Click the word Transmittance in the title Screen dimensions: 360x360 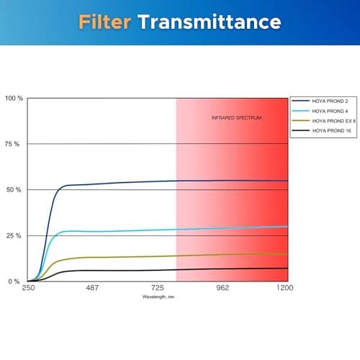[x=209, y=22]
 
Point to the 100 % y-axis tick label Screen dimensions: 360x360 [x=14, y=98]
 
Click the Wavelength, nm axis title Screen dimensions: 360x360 [x=158, y=296]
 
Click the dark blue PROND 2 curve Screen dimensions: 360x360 [x=144, y=182]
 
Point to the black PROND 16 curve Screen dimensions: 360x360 [x=144, y=270]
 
